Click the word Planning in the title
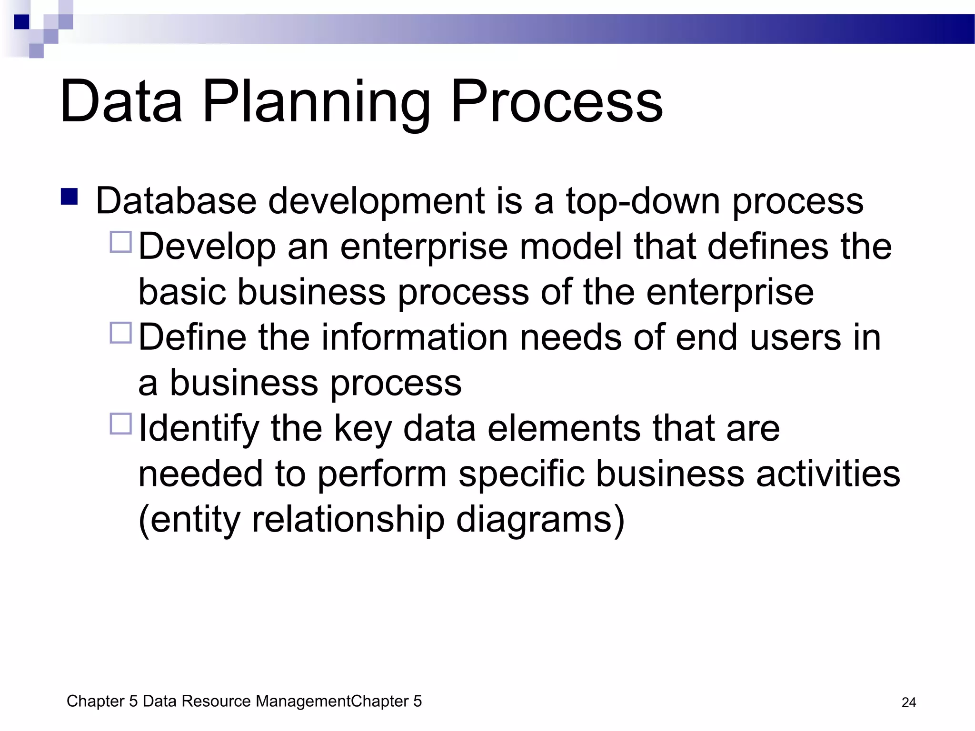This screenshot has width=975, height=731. (x=317, y=102)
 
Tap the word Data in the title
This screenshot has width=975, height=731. (x=121, y=102)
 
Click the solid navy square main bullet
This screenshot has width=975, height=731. (x=70, y=197)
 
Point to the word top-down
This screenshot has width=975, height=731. (x=643, y=201)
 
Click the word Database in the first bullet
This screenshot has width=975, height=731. (x=176, y=201)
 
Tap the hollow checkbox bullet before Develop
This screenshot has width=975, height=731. (x=120, y=242)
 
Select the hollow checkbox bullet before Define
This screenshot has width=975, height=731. (x=120, y=333)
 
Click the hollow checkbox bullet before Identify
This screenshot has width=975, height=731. (x=120, y=424)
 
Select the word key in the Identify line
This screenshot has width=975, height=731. (x=362, y=428)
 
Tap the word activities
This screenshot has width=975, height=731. (x=828, y=474)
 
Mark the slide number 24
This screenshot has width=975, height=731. (x=908, y=702)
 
